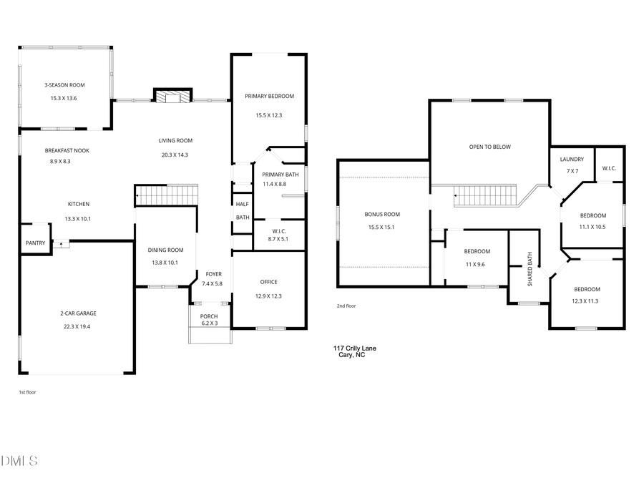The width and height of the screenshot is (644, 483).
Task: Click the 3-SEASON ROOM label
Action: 64,85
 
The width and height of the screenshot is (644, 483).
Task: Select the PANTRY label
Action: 35,243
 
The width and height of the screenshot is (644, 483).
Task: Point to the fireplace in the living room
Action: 174,97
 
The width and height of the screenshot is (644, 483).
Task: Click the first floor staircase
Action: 166,195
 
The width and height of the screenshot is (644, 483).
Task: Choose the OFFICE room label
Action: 268,282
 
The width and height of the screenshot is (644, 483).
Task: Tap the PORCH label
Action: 209,317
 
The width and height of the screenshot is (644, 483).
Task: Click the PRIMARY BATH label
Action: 280,175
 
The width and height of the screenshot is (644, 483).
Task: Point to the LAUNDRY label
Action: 572,160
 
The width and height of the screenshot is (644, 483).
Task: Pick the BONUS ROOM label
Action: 382,214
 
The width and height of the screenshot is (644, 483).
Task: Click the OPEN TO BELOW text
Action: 489,147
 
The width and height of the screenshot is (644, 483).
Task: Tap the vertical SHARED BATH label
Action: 530,268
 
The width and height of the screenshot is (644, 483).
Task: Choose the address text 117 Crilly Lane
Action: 354,348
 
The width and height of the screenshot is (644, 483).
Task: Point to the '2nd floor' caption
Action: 346,306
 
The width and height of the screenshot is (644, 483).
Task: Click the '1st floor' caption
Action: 28,392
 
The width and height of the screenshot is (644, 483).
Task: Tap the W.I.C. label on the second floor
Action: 609,169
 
